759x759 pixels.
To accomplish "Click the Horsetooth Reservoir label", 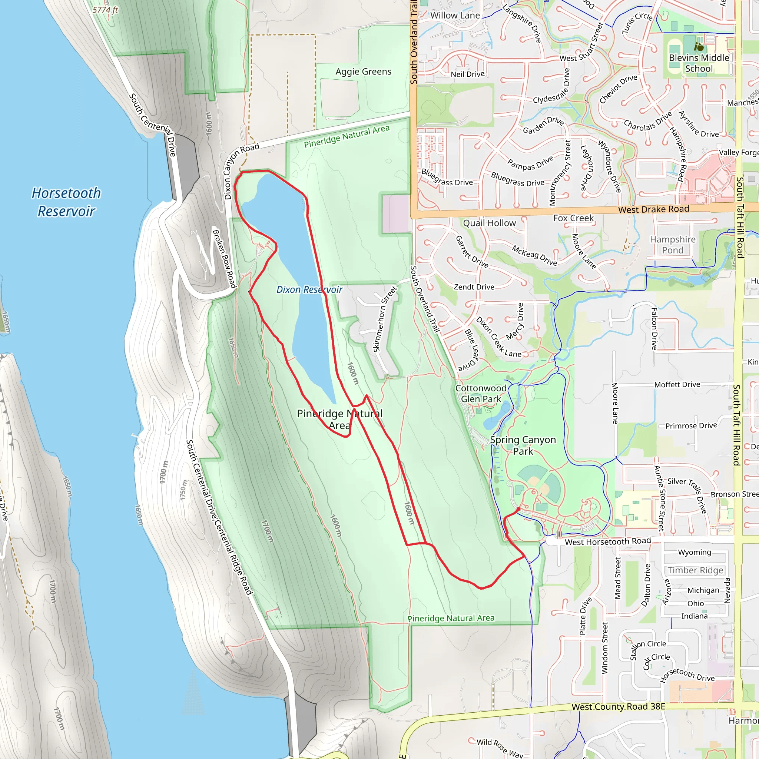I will [66, 202].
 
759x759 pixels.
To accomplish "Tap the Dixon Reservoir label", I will [309, 289].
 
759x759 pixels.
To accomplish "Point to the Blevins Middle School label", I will [699, 63].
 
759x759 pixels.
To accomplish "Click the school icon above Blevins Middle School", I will [699, 47].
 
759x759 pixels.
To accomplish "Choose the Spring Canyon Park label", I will [523, 445].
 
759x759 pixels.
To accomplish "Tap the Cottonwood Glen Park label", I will [481, 393].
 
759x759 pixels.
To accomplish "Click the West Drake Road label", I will [653, 209].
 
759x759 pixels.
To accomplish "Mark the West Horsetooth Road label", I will [608, 542].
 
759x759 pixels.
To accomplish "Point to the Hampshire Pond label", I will [673, 245].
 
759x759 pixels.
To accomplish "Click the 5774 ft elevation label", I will [105, 10].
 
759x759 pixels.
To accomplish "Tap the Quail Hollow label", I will [489, 223].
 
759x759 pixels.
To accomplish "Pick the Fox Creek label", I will [573, 218].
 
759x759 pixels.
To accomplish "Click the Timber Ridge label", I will [695, 570].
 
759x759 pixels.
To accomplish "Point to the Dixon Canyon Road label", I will [241, 170].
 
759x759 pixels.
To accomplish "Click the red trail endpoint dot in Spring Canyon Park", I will [518, 509].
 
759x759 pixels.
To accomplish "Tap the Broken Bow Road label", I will [224, 258].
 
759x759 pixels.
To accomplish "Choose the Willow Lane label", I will [455, 16].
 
